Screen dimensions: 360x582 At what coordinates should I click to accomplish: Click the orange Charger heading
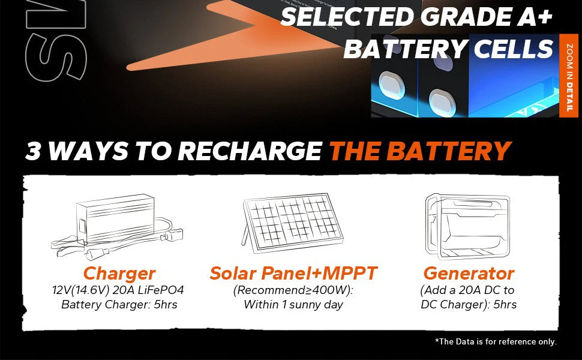119,274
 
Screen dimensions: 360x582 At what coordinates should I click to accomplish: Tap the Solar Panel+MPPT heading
293,274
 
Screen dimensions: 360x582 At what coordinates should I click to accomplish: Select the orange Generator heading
469,274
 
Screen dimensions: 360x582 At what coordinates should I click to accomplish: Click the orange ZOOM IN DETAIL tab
569,76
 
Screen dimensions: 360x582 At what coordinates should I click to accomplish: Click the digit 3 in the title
33,152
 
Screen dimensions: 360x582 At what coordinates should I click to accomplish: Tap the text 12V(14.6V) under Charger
84,290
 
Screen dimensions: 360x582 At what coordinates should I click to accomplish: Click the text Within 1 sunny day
293,305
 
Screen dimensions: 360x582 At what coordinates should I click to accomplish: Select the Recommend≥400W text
293,290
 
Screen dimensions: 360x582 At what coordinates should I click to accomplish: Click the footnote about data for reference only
496,341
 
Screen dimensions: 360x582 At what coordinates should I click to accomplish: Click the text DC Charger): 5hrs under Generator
468,305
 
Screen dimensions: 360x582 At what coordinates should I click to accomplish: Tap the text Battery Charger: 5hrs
119,305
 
